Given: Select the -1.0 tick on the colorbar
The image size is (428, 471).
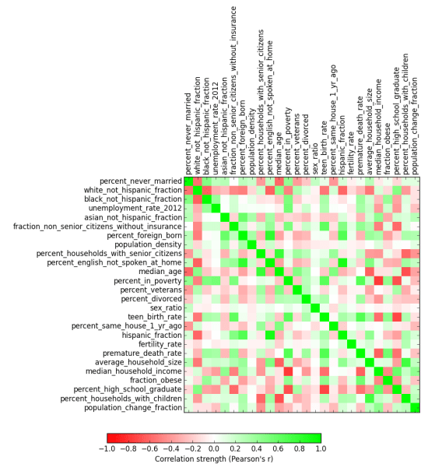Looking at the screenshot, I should (107, 449).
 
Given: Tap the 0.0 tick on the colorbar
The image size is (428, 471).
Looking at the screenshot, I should (214, 449).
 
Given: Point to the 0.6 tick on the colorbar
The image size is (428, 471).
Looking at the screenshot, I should (277, 449).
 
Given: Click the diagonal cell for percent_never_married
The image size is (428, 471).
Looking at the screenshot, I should (188, 181).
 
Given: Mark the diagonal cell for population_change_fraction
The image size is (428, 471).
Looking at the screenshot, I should (416, 407).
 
